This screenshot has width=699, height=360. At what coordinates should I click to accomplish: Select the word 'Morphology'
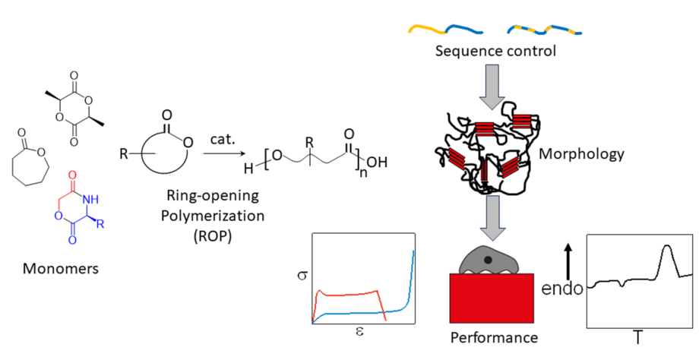pyautogui.click(x=581, y=154)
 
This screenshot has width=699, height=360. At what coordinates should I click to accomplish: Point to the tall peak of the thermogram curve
pyautogui.click(x=666, y=248)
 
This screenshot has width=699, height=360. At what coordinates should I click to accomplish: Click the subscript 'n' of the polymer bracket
pyautogui.click(x=365, y=172)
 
